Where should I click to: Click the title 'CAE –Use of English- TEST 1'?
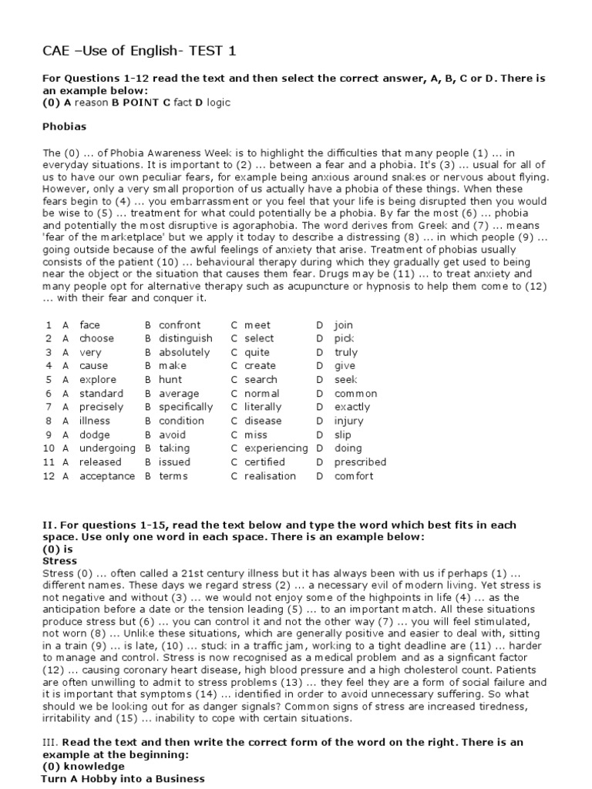139,52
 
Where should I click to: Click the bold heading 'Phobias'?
64,126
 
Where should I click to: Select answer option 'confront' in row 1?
180,325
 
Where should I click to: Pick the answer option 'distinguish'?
186,338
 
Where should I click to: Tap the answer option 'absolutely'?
184,352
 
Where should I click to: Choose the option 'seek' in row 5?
345,380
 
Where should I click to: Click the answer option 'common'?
355,394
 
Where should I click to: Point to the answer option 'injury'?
348,421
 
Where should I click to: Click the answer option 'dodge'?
94,435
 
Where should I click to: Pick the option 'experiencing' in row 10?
276,448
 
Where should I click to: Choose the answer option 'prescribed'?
360,462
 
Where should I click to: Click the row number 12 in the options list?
49,476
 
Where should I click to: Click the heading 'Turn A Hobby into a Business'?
123,779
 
